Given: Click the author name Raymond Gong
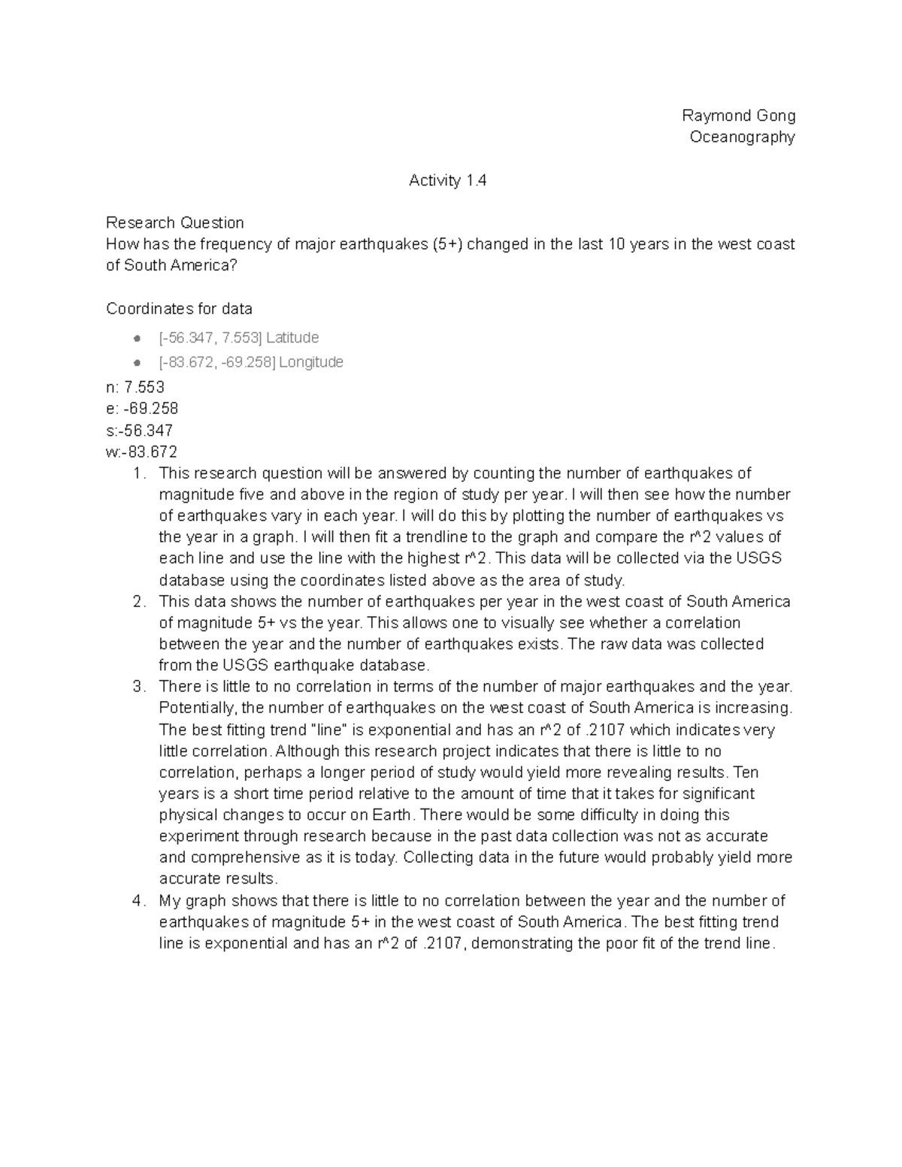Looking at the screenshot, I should pyautogui.click(x=738, y=115).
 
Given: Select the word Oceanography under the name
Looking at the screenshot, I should pyautogui.click(x=742, y=137).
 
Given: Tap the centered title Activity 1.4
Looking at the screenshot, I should pyautogui.click(x=447, y=180).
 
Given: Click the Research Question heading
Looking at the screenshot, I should pyautogui.click(x=175, y=222).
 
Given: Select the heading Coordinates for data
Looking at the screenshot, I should pyautogui.click(x=179, y=309).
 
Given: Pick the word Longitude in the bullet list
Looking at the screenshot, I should pyautogui.click(x=310, y=362).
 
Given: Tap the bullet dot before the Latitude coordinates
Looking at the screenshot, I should pyautogui.click(x=137, y=338).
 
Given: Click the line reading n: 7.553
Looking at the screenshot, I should pyautogui.click(x=135, y=387).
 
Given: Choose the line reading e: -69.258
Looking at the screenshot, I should pyautogui.click(x=142, y=409).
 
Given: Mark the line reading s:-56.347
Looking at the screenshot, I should pyautogui.click(x=140, y=431).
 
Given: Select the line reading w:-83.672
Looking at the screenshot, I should pyautogui.click(x=142, y=452).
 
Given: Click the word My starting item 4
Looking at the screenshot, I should pyautogui.click(x=170, y=901).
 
